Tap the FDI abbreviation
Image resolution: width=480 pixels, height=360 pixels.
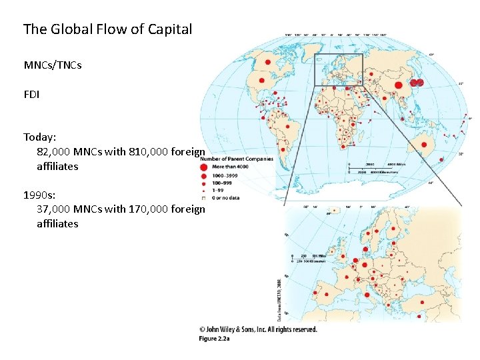pos(31,95)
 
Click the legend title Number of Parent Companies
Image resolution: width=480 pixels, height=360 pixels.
pos(237,159)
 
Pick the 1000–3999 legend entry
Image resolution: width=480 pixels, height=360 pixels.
pos(227,175)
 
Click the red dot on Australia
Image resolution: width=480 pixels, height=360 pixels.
pos(423,144)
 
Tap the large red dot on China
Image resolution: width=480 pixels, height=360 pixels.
pos(399,85)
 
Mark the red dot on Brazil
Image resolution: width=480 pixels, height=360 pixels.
pos(287,125)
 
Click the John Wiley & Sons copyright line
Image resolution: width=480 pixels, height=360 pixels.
pos(258,329)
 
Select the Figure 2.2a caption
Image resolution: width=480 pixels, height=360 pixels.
pos(213,339)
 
